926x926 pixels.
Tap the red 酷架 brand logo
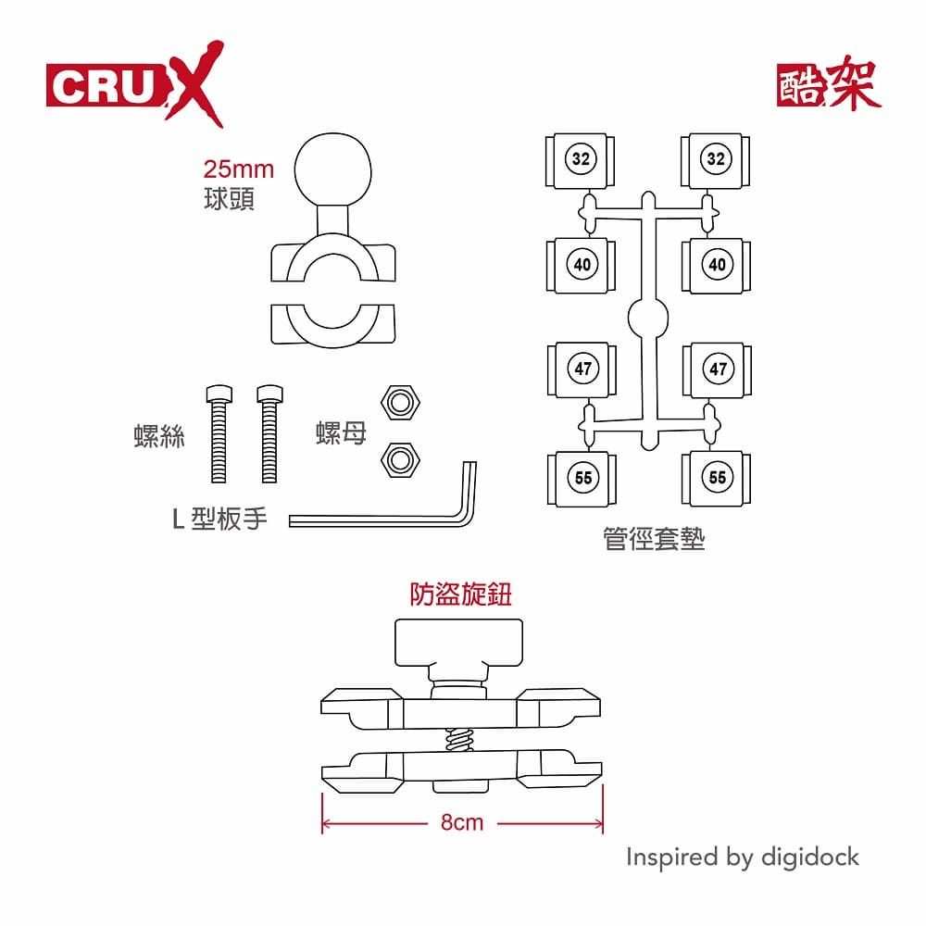828,85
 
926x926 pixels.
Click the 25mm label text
239,169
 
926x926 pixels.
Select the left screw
219,432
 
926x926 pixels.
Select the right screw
269,432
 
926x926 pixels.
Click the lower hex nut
401,457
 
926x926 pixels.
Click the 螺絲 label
159,437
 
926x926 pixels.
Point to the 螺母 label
342,432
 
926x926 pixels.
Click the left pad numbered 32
581,159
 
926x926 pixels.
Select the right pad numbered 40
716,265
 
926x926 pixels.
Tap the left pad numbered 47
582,369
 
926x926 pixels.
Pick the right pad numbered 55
716,478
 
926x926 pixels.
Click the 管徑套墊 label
654,540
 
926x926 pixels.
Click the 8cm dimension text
462,822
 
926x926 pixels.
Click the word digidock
809,857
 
